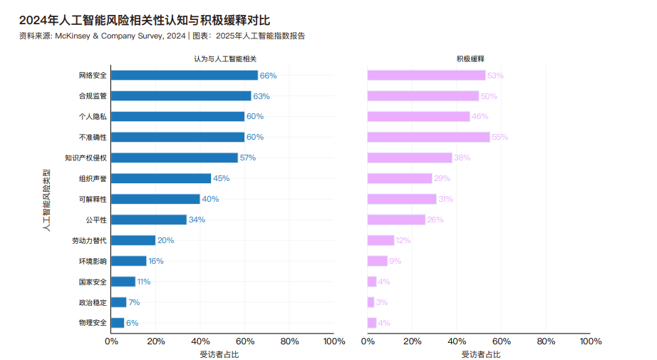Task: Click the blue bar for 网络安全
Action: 185,76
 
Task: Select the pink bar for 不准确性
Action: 428,137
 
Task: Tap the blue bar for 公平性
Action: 149,220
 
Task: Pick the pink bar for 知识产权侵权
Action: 410,158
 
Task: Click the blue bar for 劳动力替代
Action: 133,240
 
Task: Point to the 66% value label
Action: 268,76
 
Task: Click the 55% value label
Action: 500,137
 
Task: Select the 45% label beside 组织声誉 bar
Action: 221,178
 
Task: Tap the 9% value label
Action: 395,261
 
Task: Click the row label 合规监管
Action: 93,96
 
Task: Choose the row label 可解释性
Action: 93,199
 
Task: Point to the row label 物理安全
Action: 93,323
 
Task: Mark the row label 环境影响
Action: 93,261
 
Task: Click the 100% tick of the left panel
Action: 333,341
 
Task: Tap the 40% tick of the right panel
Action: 457,341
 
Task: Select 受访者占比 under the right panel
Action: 478,354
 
